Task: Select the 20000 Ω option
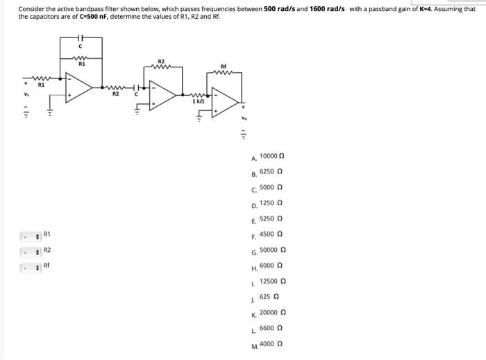[x=272, y=313]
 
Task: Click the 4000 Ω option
[x=269, y=343]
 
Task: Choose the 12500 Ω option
[x=272, y=281]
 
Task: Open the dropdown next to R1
[x=31, y=234]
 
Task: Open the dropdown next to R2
[x=31, y=250]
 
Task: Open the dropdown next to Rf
[x=31, y=266]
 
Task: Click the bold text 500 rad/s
[x=280, y=9]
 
